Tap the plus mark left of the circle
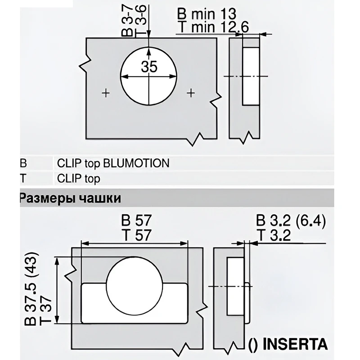click(x=106, y=93)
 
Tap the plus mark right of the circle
click(x=191, y=93)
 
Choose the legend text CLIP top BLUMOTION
click(x=113, y=163)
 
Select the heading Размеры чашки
click(x=70, y=198)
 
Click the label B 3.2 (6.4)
click(x=290, y=221)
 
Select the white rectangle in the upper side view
click(x=251, y=75)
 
